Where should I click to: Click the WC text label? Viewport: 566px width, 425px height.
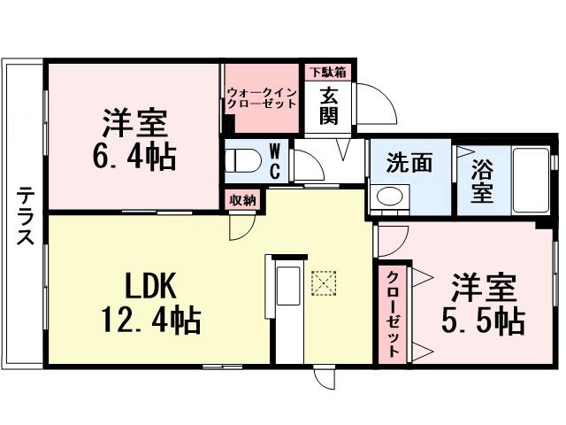[274, 160]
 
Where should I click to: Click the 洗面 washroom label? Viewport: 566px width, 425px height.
[409, 163]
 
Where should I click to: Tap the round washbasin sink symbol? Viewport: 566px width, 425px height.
[387, 197]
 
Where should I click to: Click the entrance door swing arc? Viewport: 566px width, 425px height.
[382, 107]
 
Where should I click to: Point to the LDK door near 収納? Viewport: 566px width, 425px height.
[239, 225]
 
